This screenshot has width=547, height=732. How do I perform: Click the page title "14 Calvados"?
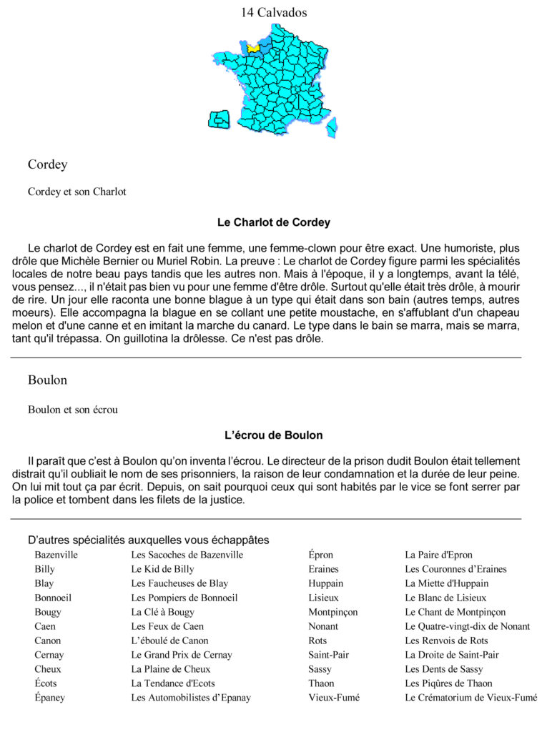click(x=274, y=12)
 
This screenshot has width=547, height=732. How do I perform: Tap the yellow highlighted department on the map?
click(x=253, y=47)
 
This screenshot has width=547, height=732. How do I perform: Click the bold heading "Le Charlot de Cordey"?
click(x=273, y=222)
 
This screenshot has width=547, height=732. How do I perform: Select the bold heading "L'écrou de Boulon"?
click(x=273, y=435)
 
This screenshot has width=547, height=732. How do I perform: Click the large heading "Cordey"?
click(x=47, y=164)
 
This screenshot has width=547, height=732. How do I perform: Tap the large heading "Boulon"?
click(x=47, y=380)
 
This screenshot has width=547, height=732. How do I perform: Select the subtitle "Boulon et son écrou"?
click(x=73, y=410)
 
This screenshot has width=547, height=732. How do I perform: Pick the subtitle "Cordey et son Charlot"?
click(x=77, y=192)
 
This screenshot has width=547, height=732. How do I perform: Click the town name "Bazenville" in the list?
click(x=56, y=555)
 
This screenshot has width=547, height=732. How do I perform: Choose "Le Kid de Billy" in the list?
click(x=162, y=569)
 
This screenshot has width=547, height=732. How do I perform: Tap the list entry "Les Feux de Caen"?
click(x=167, y=626)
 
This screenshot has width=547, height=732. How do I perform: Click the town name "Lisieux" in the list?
click(x=323, y=598)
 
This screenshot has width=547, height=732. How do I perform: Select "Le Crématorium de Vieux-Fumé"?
click(x=470, y=698)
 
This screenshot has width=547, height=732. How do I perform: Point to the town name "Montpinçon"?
click(x=332, y=612)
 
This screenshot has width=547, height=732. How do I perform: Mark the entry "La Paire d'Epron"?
click(x=438, y=555)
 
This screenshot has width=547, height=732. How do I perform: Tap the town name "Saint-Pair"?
click(x=328, y=655)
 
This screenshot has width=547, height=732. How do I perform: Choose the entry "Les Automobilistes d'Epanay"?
click(x=191, y=698)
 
